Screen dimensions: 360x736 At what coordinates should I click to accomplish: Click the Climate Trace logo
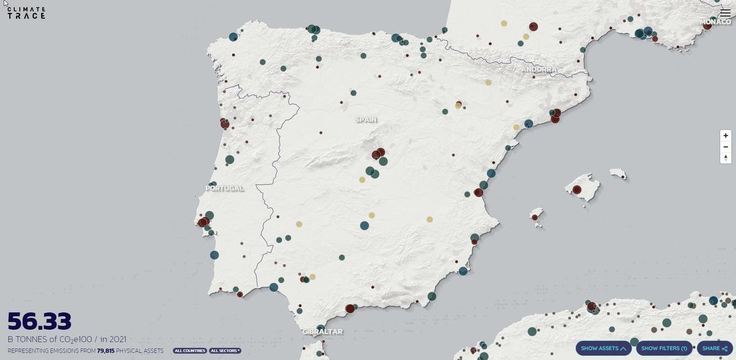click(26, 13)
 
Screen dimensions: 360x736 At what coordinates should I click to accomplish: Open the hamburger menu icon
click(725, 13)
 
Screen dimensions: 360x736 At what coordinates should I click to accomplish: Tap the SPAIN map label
click(366, 120)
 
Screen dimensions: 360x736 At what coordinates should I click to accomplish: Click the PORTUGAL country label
click(224, 188)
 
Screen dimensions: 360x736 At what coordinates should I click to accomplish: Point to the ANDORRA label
click(540, 69)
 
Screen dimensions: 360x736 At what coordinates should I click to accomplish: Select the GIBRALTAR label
click(323, 332)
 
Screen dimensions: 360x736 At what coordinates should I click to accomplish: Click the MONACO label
click(716, 22)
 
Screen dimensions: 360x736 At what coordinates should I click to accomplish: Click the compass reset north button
click(726, 158)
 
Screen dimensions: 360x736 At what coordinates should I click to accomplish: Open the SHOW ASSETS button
click(604, 348)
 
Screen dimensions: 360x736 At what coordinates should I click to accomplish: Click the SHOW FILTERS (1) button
click(664, 348)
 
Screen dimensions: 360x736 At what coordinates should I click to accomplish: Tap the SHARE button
click(715, 348)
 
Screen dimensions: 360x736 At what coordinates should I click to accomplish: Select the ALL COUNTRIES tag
click(190, 351)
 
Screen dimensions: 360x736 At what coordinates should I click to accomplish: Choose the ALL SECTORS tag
click(225, 351)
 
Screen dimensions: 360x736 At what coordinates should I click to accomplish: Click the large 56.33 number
click(39, 322)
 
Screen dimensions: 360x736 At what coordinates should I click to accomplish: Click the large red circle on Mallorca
click(577, 190)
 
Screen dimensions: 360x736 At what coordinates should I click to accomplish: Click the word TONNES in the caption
click(33, 339)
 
